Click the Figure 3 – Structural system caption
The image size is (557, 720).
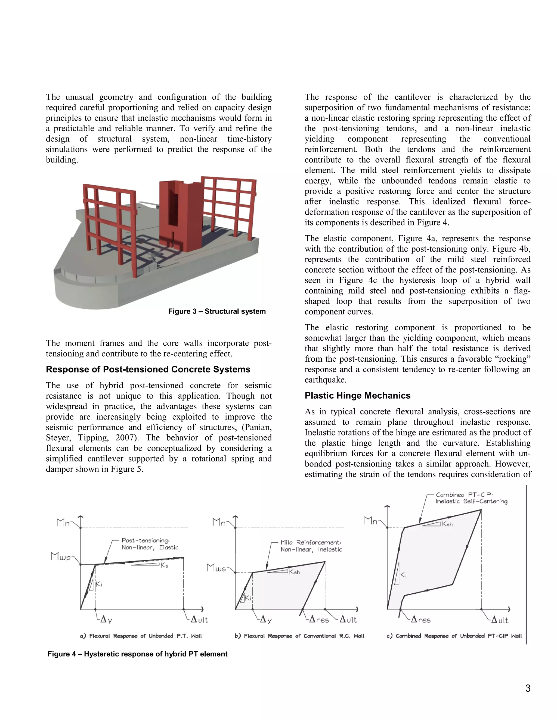(217, 311)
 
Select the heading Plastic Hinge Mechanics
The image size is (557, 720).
(357, 396)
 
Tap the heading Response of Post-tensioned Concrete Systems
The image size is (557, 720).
(148, 369)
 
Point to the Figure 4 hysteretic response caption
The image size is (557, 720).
(137, 654)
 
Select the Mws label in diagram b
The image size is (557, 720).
(216, 568)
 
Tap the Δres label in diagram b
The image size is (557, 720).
(319, 620)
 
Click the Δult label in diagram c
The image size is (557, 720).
(500, 620)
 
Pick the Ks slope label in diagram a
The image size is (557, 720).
(164, 566)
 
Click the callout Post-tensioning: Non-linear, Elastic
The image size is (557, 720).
(150, 544)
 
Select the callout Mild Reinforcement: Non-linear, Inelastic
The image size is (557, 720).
(311, 546)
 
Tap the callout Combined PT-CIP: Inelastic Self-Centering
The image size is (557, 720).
(471, 498)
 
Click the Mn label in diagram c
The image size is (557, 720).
(371, 521)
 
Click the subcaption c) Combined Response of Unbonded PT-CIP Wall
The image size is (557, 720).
(454, 636)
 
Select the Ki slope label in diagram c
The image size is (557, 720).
(403, 575)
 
